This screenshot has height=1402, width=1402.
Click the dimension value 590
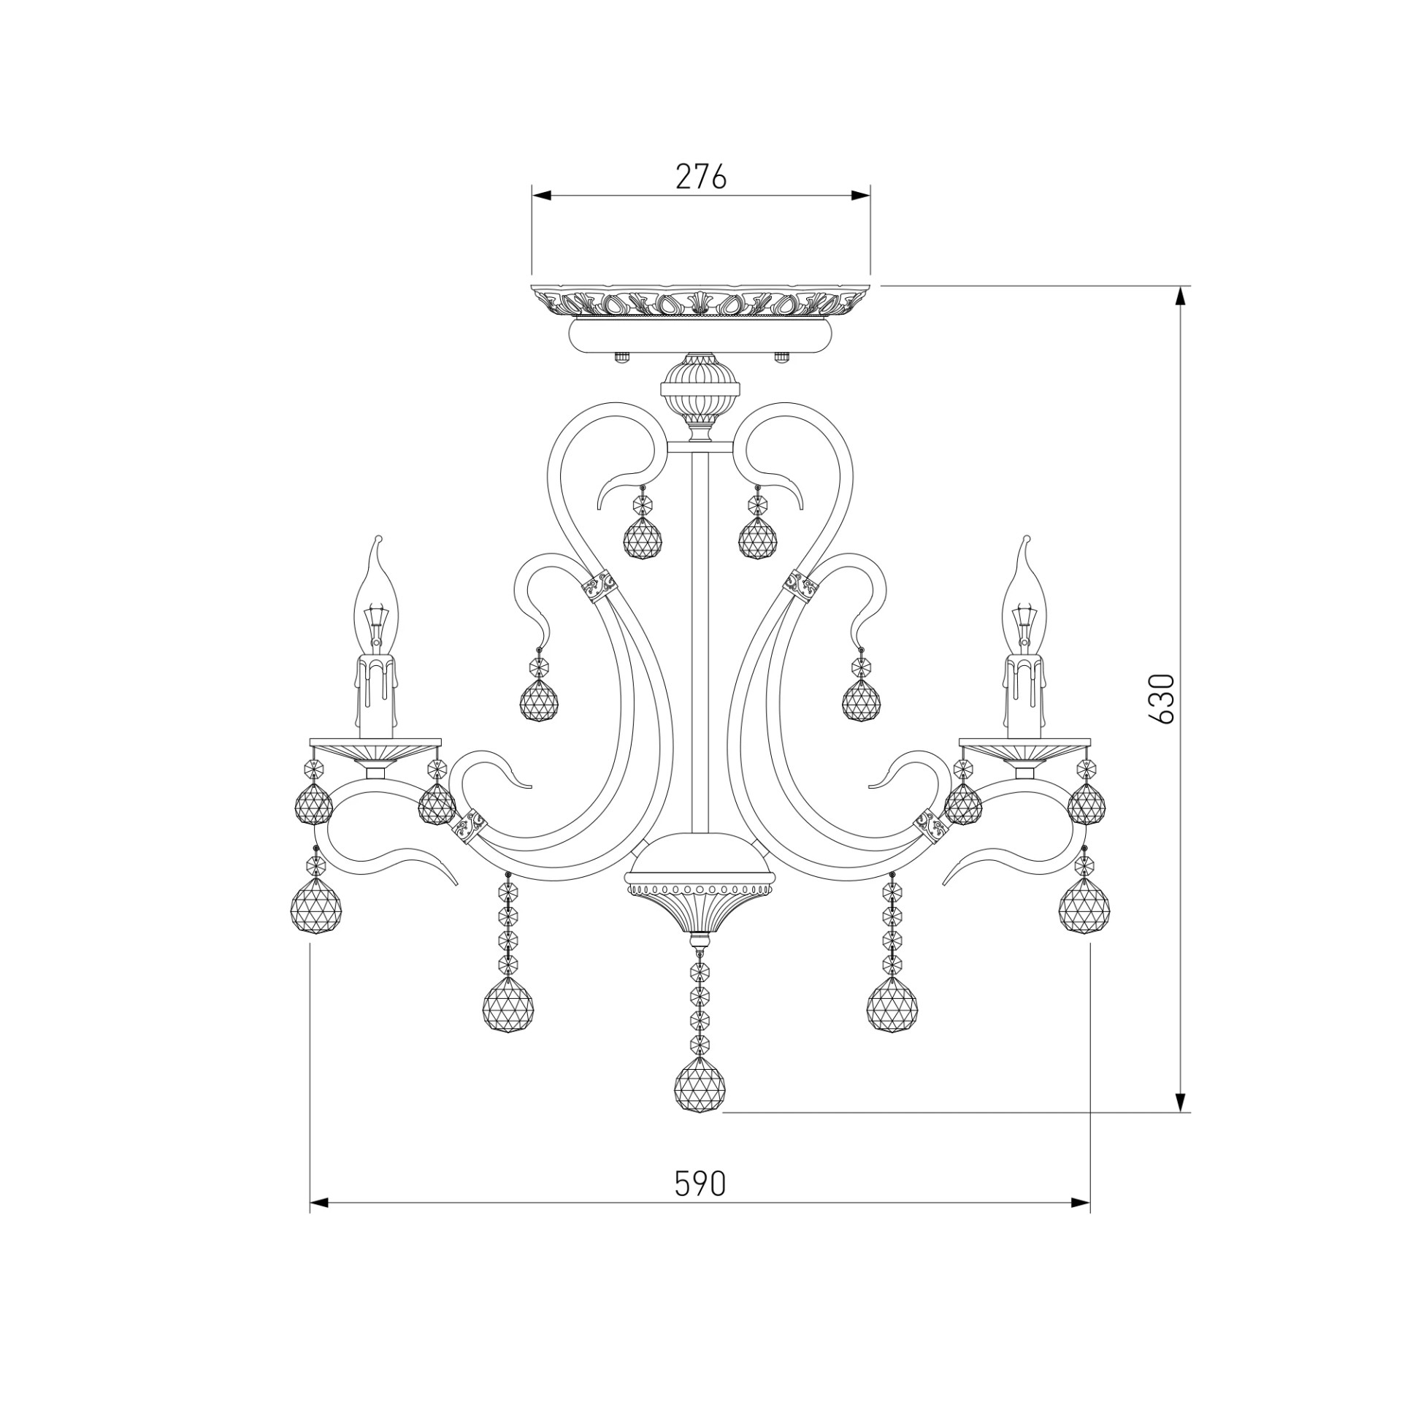700,1184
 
